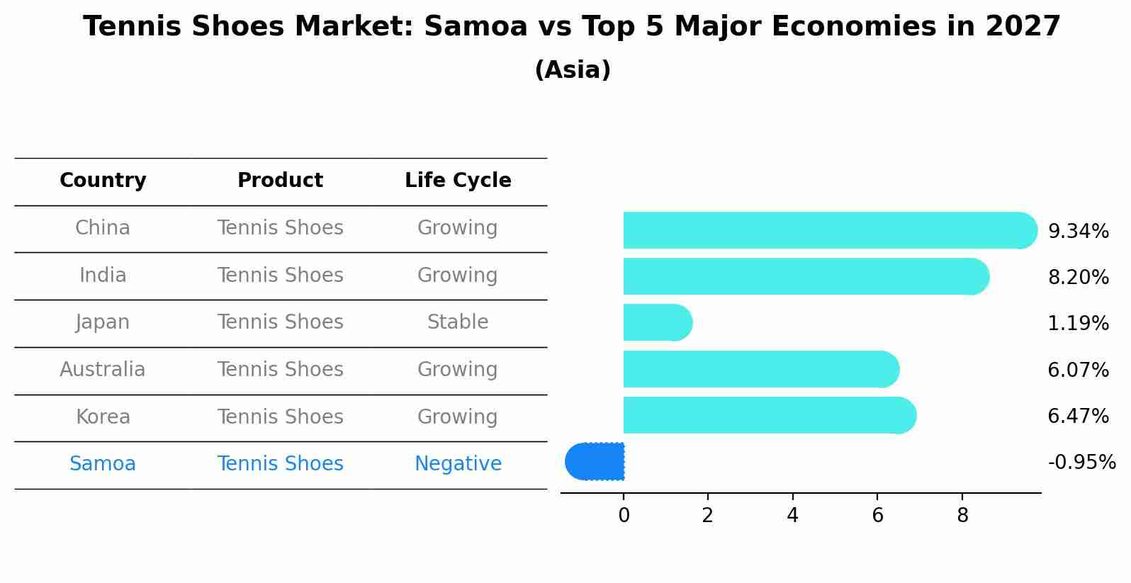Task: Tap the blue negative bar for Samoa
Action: pyautogui.click(x=595, y=461)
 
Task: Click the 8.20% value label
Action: pyautogui.click(x=1078, y=277)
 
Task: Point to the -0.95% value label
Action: pyautogui.click(x=1081, y=463)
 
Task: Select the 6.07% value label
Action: pyautogui.click(x=1078, y=370)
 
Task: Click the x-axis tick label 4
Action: pyautogui.click(x=792, y=516)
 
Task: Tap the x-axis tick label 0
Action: pyautogui.click(x=624, y=516)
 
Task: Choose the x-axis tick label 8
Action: pyautogui.click(x=962, y=516)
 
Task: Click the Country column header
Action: pyautogui.click(x=103, y=181)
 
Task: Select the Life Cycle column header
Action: pyautogui.click(x=458, y=181)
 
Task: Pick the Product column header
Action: pyautogui.click(x=280, y=181)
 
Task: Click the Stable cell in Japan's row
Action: pyautogui.click(x=458, y=322)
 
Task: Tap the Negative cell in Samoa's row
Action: pyautogui.click(x=458, y=464)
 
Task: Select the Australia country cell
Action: pyautogui.click(x=103, y=370)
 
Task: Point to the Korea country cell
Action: pyautogui.click(x=103, y=417)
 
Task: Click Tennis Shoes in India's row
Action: pyautogui.click(x=280, y=275)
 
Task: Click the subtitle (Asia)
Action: pyautogui.click(x=573, y=70)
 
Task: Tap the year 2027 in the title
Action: pyautogui.click(x=1023, y=27)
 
